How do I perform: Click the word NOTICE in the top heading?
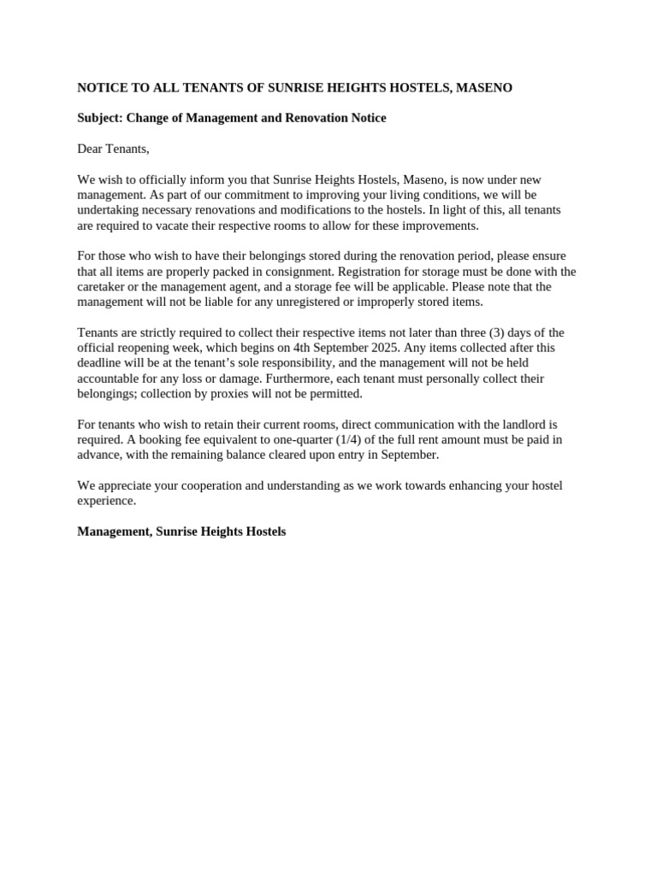click(x=101, y=88)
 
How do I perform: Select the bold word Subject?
click(x=101, y=118)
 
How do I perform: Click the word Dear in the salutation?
click(x=90, y=149)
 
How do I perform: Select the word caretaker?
click(x=103, y=287)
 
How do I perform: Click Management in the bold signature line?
click(x=113, y=531)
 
